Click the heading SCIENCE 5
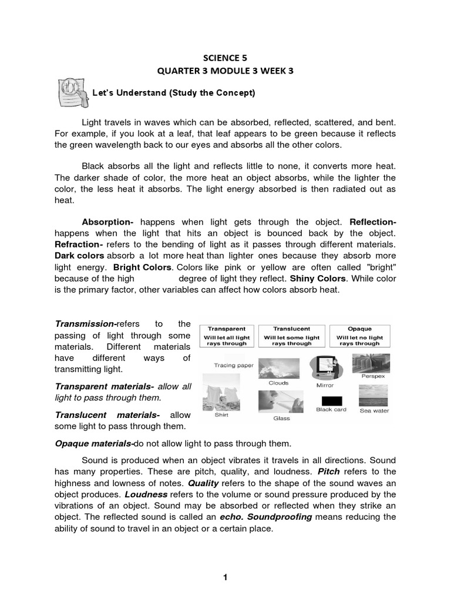(x=225, y=58)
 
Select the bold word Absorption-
(x=107, y=222)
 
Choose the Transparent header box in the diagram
(x=226, y=336)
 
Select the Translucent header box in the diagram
(x=292, y=336)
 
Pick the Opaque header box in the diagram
(x=359, y=336)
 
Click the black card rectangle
(x=331, y=399)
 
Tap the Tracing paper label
(x=233, y=365)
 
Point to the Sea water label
(x=374, y=411)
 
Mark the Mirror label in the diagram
(x=325, y=386)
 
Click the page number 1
(x=225, y=578)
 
